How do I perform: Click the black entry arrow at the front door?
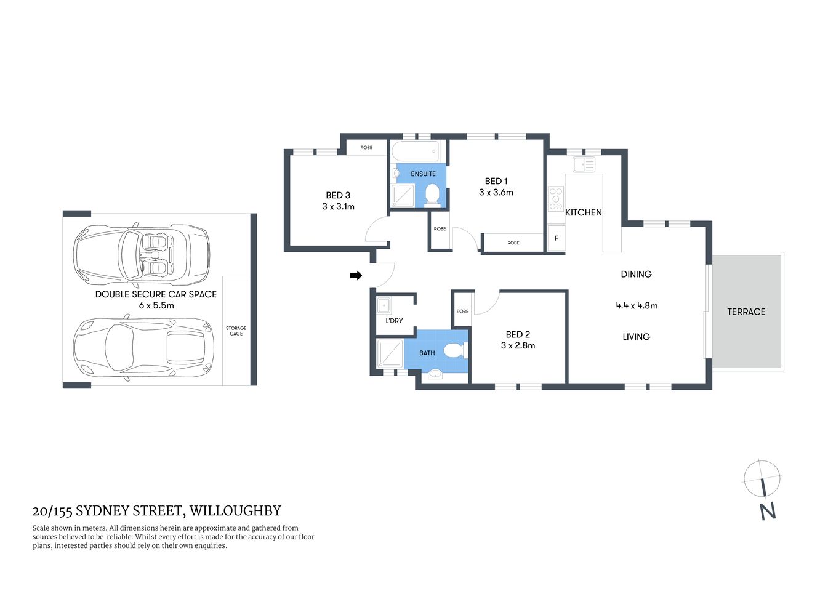(356, 275)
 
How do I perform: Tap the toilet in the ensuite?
(432, 195)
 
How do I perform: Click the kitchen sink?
(583, 164)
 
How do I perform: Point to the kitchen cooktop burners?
(556, 199)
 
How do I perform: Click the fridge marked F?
(557, 238)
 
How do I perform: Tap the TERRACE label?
(746, 312)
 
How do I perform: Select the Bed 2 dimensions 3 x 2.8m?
(518, 346)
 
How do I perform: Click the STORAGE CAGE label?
(236, 331)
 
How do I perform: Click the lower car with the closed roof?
(142, 348)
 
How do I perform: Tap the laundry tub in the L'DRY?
(384, 305)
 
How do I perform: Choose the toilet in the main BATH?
(455, 351)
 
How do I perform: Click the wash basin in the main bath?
(435, 374)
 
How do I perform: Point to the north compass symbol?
(762, 479)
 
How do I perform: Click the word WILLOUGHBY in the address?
(235, 511)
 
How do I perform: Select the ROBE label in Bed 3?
(366, 148)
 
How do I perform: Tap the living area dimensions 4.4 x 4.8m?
(637, 305)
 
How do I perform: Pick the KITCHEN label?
(583, 212)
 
